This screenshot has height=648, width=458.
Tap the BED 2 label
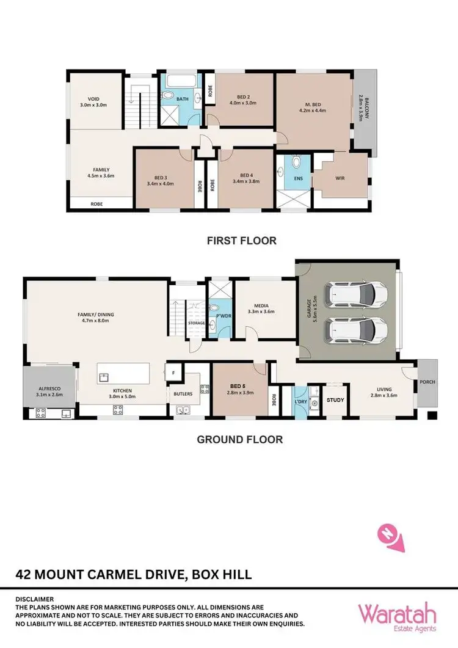pyautogui.click(x=243, y=96)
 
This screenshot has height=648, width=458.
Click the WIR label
pyautogui.click(x=341, y=180)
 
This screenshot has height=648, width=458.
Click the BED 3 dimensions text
pyautogui.click(x=161, y=183)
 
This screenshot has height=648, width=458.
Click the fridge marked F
pyautogui.click(x=173, y=371)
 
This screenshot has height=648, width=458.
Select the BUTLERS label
pyautogui.click(x=183, y=394)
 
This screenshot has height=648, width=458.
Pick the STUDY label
pyautogui.click(x=336, y=401)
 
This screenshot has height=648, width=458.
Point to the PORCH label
pyautogui.click(x=427, y=383)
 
